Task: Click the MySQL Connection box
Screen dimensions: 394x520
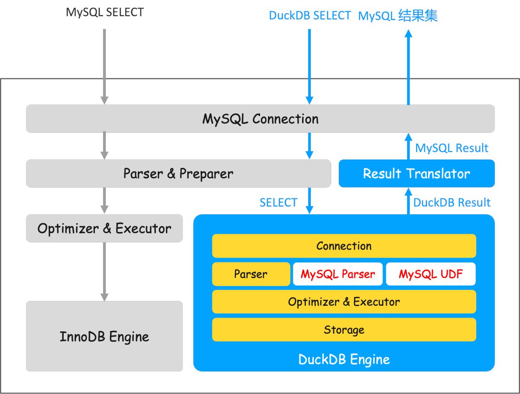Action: (260, 118)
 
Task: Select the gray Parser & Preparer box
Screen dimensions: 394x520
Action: (178, 174)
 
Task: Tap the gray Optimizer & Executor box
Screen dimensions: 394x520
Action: (104, 228)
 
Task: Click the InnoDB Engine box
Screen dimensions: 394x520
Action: (104, 336)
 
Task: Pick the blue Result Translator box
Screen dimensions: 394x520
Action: (416, 174)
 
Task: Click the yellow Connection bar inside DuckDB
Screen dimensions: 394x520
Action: (344, 246)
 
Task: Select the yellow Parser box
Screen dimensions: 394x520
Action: (250, 274)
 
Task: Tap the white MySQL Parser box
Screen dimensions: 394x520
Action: (338, 274)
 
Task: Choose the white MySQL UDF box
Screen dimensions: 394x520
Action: (431, 274)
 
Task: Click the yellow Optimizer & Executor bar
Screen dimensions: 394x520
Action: (344, 302)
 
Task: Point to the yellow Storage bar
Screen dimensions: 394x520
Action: (344, 330)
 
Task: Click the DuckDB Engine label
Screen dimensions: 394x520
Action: (344, 359)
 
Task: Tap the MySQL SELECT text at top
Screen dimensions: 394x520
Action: (104, 12)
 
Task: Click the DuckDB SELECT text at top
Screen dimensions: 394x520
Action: (309, 16)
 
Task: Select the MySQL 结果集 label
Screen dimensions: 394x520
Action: (398, 16)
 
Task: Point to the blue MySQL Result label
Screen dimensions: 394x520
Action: (452, 148)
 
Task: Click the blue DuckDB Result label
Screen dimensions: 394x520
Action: (452, 203)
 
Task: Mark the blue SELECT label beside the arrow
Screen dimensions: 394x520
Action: (278, 203)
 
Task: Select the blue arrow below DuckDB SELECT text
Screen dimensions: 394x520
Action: (309, 65)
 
